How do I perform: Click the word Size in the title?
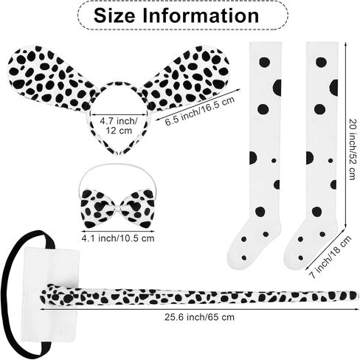[114, 15]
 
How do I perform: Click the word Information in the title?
[201, 15]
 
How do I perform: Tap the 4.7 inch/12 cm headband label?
[119, 125]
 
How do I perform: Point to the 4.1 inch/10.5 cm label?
[118, 238]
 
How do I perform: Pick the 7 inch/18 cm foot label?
[330, 257]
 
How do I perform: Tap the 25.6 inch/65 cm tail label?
[199, 317]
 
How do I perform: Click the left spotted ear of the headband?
[50, 76]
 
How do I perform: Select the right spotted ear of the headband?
[187, 76]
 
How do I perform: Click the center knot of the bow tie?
[118, 209]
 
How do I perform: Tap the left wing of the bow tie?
[97, 209]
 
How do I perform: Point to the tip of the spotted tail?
[356, 295]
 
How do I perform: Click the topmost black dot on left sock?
[264, 62]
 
